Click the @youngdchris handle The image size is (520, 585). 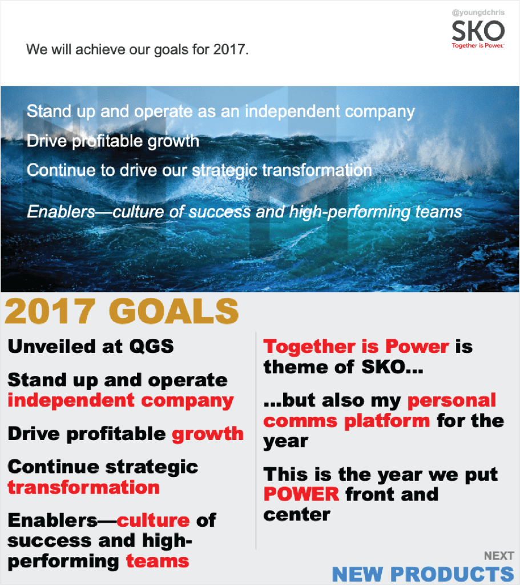(478, 13)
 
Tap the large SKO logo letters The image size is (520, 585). (478, 31)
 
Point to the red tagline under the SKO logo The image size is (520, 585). (478, 46)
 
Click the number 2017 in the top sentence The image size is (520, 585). (229, 49)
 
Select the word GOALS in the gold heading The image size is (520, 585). (174, 311)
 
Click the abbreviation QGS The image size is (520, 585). (151, 346)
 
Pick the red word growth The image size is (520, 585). (208, 435)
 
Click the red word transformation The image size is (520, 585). (83, 487)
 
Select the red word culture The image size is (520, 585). (153, 520)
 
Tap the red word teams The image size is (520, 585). (158, 561)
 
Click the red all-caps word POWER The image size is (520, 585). (301, 494)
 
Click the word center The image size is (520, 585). (297, 515)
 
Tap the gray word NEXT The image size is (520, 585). (499, 556)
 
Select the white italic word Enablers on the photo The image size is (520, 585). (61, 212)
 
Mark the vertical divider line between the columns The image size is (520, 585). (256, 440)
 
